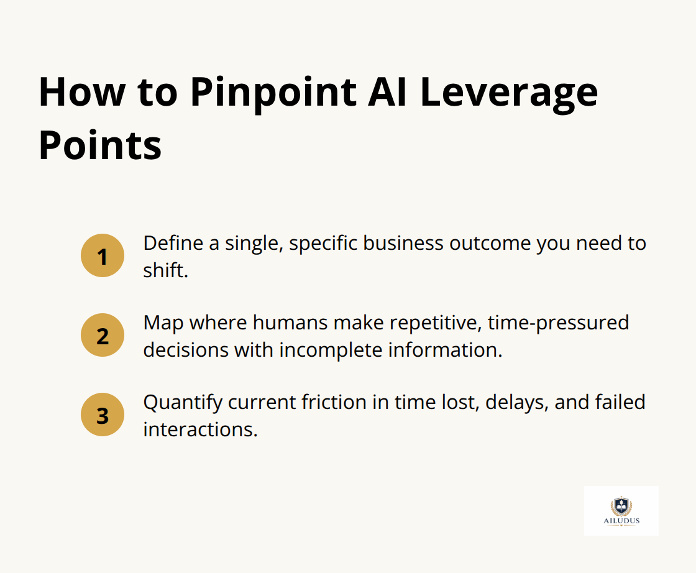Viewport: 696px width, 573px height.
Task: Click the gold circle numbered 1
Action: [103, 255]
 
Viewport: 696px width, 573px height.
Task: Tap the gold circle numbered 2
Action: [103, 335]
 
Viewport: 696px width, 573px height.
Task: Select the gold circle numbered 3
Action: [103, 415]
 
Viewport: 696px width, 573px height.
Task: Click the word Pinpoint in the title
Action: [273, 93]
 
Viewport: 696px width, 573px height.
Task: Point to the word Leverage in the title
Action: [509, 93]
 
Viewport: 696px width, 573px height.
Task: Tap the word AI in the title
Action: [391, 93]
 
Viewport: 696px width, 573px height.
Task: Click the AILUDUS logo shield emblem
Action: [621, 505]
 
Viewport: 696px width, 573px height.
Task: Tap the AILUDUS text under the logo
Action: [621, 521]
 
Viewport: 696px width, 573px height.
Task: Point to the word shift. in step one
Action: [165, 270]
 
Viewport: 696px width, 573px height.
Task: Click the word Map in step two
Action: [163, 323]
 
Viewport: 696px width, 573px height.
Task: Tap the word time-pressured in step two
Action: [558, 323]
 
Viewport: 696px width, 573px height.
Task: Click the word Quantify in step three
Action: [182, 402]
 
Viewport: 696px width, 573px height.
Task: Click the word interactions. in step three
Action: [200, 429]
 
